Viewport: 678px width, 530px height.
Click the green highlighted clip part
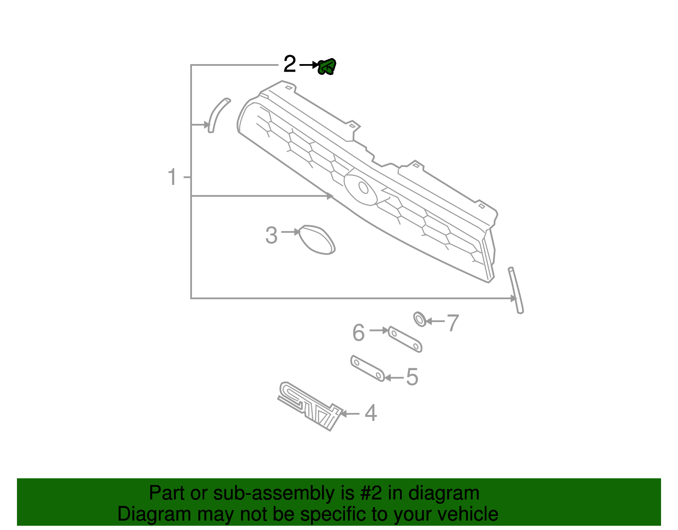point(327,67)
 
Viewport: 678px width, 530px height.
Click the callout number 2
point(289,64)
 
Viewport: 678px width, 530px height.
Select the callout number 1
point(172,177)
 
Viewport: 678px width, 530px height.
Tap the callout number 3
point(271,235)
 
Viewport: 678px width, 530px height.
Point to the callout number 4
point(371,413)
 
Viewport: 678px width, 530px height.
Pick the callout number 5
point(412,377)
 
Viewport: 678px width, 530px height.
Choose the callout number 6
point(358,332)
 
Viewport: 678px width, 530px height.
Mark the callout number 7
point(453,323)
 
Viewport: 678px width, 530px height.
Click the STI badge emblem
point(309,406)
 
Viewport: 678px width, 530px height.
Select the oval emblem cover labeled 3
point(317,240)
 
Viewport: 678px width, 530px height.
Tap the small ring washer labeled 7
point(420,319)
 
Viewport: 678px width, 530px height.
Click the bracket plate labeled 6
point(405,339)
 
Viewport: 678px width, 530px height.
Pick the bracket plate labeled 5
point(367,368)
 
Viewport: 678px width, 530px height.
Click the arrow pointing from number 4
point(350,413)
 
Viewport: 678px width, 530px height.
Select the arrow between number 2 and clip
point(308,65)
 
